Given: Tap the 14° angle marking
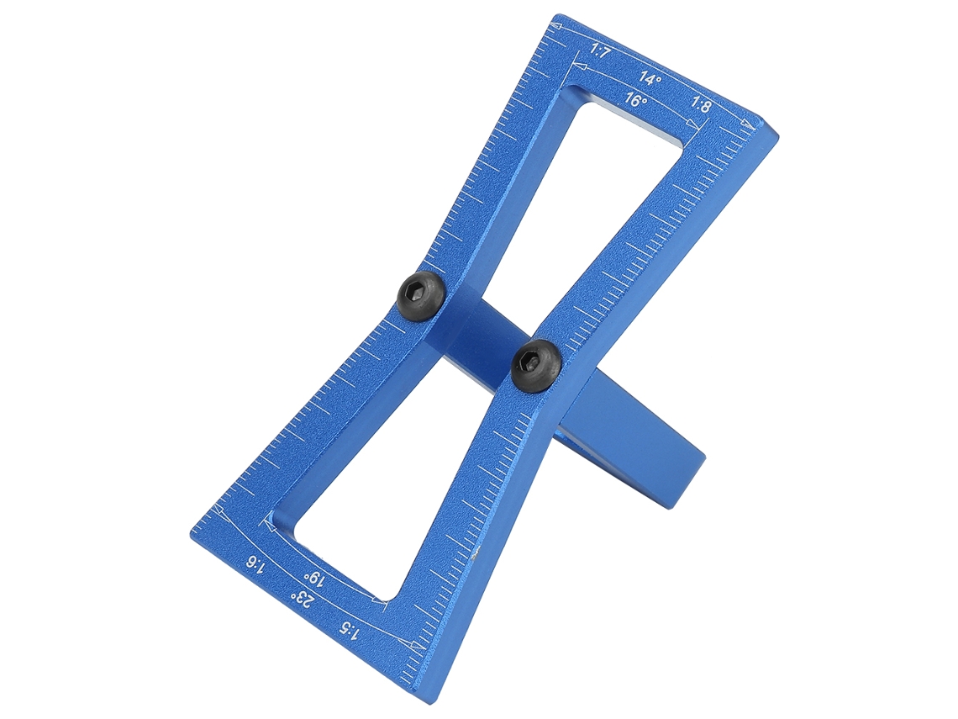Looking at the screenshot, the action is [650, 78].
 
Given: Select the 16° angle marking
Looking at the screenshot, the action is [636, 100].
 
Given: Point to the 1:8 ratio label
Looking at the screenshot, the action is [701, 105].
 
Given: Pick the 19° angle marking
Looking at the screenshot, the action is [313, 577].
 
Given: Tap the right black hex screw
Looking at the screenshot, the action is [536, 365].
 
